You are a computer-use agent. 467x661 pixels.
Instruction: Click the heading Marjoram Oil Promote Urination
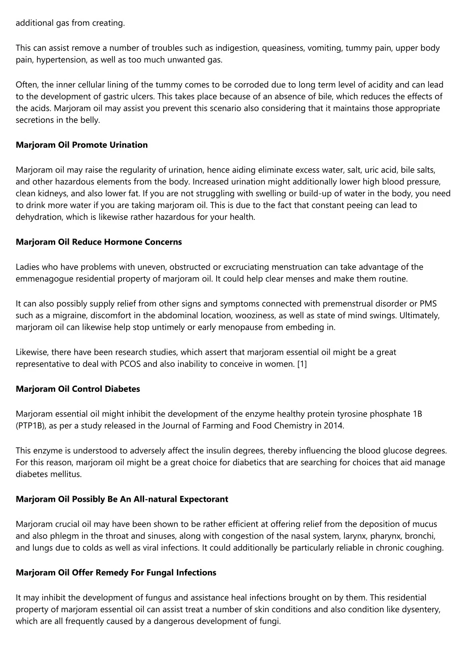[82, 145]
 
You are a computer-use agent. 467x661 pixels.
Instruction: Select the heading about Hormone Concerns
[99, 242]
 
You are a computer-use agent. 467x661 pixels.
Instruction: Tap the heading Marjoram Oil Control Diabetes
[78, 389]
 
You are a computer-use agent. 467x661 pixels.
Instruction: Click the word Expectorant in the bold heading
[203, 499]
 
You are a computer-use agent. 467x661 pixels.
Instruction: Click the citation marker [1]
[302, 364]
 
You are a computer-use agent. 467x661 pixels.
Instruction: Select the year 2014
[335, 426]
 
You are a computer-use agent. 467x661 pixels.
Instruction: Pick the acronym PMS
[428, 303]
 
